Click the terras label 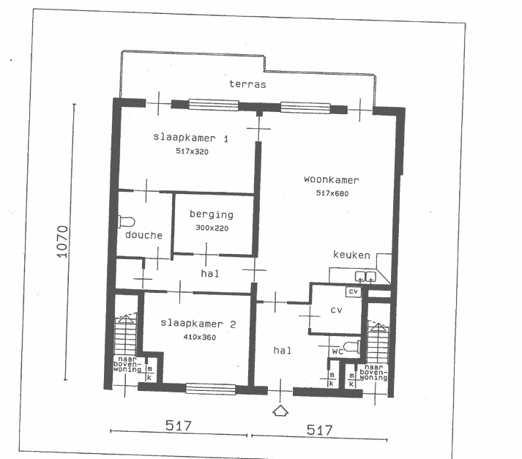point(247,84)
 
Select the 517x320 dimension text point(192,152)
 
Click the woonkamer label point(332,180)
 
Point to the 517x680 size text point(332,193)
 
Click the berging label point(212,214)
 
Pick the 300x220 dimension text point(212,228)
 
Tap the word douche point(143,235)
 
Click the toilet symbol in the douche point(127,222)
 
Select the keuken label point(351,255)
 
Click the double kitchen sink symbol point(365,277)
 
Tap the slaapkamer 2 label point(198,324)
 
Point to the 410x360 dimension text point(200,337)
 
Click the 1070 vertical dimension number point(62,242)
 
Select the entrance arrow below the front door point(280,411)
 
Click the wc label point(338,351)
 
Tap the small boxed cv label point(353,291)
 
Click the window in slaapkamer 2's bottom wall point(210,389)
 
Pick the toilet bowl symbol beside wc point(351,346)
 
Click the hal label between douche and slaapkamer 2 point(210,274)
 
